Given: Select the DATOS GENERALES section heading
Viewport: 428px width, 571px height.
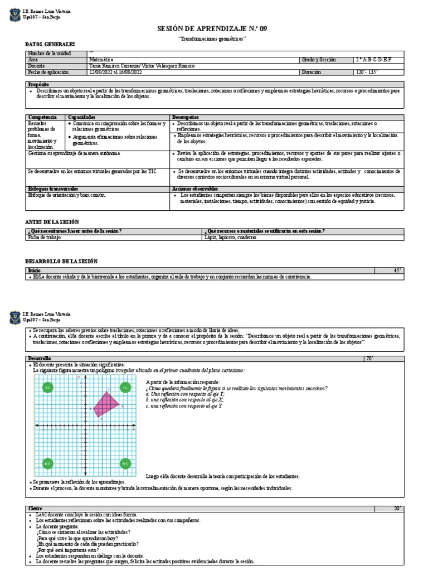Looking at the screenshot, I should pyautogui.click(x=50, y=44).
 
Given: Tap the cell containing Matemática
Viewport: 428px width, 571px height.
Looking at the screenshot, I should pyautogui.click(x=101, y=59).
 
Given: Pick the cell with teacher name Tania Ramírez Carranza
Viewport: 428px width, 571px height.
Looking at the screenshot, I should pyautogui.click(x=142, y=66).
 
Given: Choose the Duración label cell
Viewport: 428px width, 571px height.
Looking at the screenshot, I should pyautogui.click(x=312, y=72).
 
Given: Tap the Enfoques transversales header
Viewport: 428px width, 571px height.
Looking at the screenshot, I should pyautogui.click(x=53, y=189).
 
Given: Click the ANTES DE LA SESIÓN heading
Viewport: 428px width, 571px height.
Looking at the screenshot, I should pyautogui.click(x=52, y=221).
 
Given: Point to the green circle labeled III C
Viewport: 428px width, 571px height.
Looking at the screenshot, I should pyautogui.click(x=48, y=463).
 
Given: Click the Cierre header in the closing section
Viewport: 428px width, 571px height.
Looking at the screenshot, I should pyautogui.click(x=36, y=509).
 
